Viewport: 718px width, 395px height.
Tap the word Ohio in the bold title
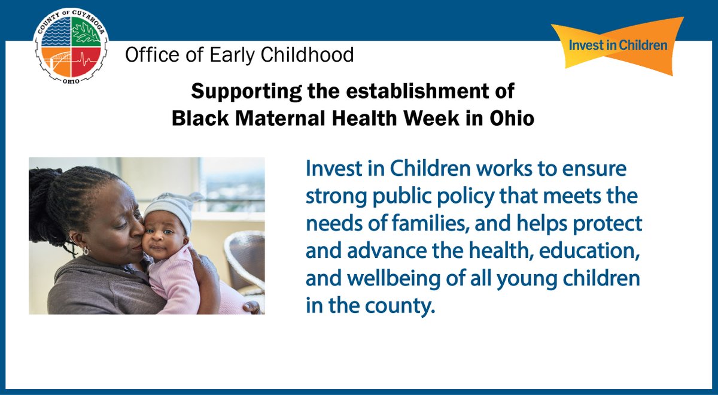point(510,118)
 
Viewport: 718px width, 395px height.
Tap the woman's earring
point(86,251)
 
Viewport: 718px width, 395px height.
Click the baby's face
point(162,239)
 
